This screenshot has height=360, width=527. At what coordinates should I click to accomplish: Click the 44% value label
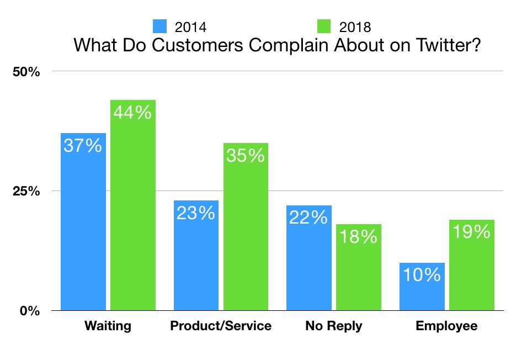tap(132, 113)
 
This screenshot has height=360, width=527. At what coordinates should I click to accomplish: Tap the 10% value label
tap(422, 274)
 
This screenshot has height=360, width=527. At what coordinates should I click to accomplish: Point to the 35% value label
tap(246, 156)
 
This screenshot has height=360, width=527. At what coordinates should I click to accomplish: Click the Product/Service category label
tap(221, 326)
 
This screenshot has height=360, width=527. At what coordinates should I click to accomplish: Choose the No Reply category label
tap(333, 326)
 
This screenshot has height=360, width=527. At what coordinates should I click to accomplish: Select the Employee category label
tap(446, 326)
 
